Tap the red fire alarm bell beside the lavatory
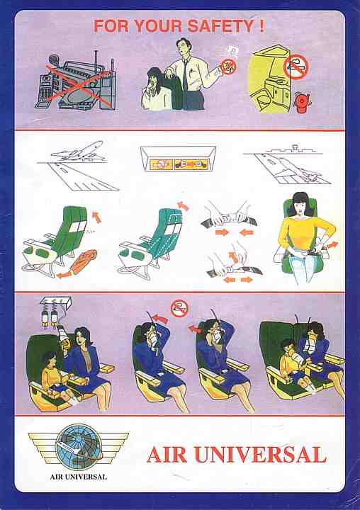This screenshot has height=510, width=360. (x=301, y=103)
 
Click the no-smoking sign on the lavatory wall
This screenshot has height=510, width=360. (x=296, y=67)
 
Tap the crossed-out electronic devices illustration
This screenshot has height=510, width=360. (x=76, y=81)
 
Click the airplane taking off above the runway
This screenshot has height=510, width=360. (x=77, y=151)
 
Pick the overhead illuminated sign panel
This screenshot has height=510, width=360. (x=178, y=159)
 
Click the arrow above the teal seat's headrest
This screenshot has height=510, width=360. (x=183, y=206)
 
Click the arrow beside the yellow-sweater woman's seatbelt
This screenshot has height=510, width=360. (x=332, y=245)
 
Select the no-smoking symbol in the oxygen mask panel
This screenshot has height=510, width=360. (x=180, y=309)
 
